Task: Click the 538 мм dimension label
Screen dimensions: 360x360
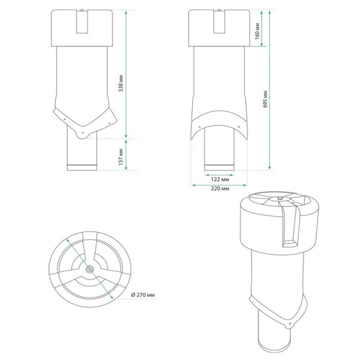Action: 121,83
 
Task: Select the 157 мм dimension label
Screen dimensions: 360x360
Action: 121,157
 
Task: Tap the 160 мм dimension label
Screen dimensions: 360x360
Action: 257,31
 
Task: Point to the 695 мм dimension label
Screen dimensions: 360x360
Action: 265,99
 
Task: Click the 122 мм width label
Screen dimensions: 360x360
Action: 220,179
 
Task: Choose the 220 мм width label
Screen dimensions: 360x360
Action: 220,189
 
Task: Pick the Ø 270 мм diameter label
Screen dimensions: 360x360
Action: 143,295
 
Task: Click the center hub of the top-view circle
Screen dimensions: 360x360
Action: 89,269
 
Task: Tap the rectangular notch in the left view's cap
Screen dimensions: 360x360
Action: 82,22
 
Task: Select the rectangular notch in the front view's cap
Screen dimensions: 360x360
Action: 219,22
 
